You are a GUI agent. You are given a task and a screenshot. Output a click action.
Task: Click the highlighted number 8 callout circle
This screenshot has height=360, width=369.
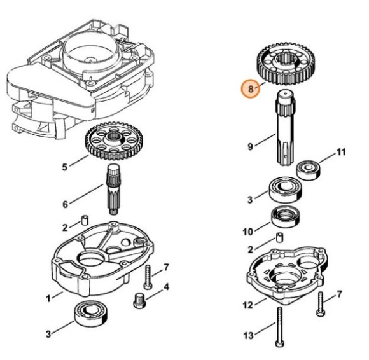pyautogui.click(x=251, y=90)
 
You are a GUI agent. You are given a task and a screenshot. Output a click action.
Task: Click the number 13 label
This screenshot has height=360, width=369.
pyautogui.click(x=249, y=335)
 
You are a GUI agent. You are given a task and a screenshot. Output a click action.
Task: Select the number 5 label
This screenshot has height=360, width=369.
pyautogui.click(x=64, y=168)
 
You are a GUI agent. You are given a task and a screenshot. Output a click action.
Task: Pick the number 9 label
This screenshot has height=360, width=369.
pyautogui.click(x=251, y=147)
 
